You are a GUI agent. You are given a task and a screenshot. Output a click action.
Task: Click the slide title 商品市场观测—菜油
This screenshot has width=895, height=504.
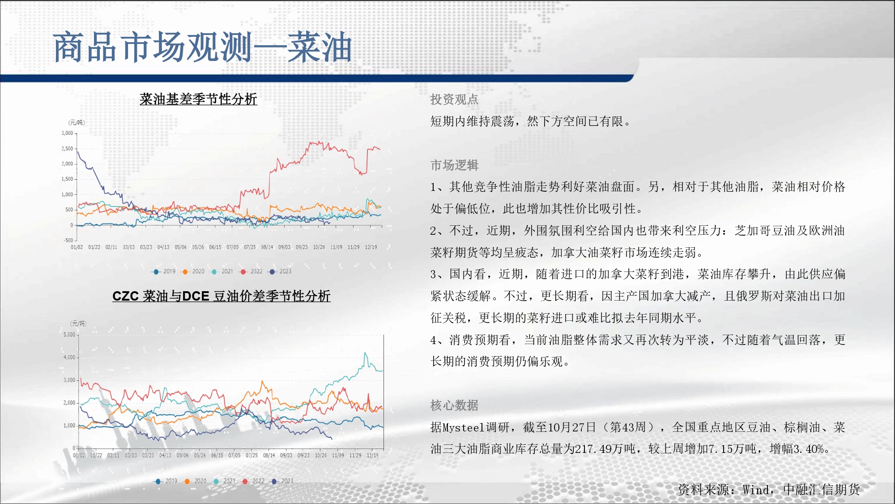[202, 47]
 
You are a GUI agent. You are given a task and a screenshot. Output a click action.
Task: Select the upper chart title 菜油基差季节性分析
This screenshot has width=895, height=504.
[198, 99]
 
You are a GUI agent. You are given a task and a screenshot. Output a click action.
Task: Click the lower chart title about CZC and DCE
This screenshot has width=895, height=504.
[222, 296]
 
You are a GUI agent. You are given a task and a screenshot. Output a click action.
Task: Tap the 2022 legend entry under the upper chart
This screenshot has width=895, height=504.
[251, 271]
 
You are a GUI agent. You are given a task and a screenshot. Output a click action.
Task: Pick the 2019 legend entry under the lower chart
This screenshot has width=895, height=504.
[165, 481]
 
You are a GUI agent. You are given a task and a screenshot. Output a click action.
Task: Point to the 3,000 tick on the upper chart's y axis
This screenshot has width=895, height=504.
[67, 133]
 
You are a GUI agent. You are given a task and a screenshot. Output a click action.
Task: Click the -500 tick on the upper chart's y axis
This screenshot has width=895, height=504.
[68, 240]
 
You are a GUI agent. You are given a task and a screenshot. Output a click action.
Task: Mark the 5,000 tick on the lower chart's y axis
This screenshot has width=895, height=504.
[69, 335]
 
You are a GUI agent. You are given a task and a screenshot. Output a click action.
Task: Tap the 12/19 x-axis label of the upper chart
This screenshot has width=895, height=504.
[371, 247]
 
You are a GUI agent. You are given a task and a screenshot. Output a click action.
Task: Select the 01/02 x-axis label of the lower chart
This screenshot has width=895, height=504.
[79, 456]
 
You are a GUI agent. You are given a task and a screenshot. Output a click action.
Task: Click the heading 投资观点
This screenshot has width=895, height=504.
[454, 99]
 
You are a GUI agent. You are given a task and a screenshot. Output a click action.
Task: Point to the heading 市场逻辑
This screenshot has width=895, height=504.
[454, 165]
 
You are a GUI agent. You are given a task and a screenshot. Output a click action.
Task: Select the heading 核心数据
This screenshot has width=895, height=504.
[454, 405]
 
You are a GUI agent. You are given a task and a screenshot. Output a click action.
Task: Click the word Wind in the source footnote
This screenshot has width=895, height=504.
[756, 490]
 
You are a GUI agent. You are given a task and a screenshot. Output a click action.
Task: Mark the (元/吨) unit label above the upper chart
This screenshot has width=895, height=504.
[77, 123]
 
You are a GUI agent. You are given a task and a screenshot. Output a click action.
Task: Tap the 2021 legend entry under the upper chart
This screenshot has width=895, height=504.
[222, 271]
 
